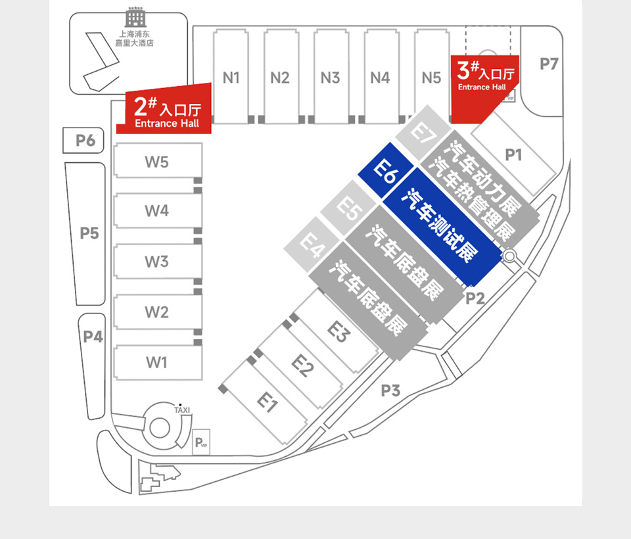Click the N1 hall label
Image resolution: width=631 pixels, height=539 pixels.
(231, 78)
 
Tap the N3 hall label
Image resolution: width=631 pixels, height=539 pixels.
(330, 78)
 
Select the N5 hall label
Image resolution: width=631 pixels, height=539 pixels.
(431, 78)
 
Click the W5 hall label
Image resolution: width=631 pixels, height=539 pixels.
(156, 162)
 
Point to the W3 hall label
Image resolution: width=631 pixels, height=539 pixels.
(156, 262)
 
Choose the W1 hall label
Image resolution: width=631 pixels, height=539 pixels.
(156, 362)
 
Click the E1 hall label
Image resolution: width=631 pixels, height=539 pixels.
(266, 401)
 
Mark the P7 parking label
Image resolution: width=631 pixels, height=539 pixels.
(549, 64)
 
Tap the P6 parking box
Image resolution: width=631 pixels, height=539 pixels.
(85, 140)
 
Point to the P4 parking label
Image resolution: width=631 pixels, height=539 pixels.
(93, 337)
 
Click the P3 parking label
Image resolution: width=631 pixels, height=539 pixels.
(390, 390)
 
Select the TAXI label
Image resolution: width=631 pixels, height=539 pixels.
(182, 410)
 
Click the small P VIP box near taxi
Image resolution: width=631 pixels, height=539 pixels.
(201, 443)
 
